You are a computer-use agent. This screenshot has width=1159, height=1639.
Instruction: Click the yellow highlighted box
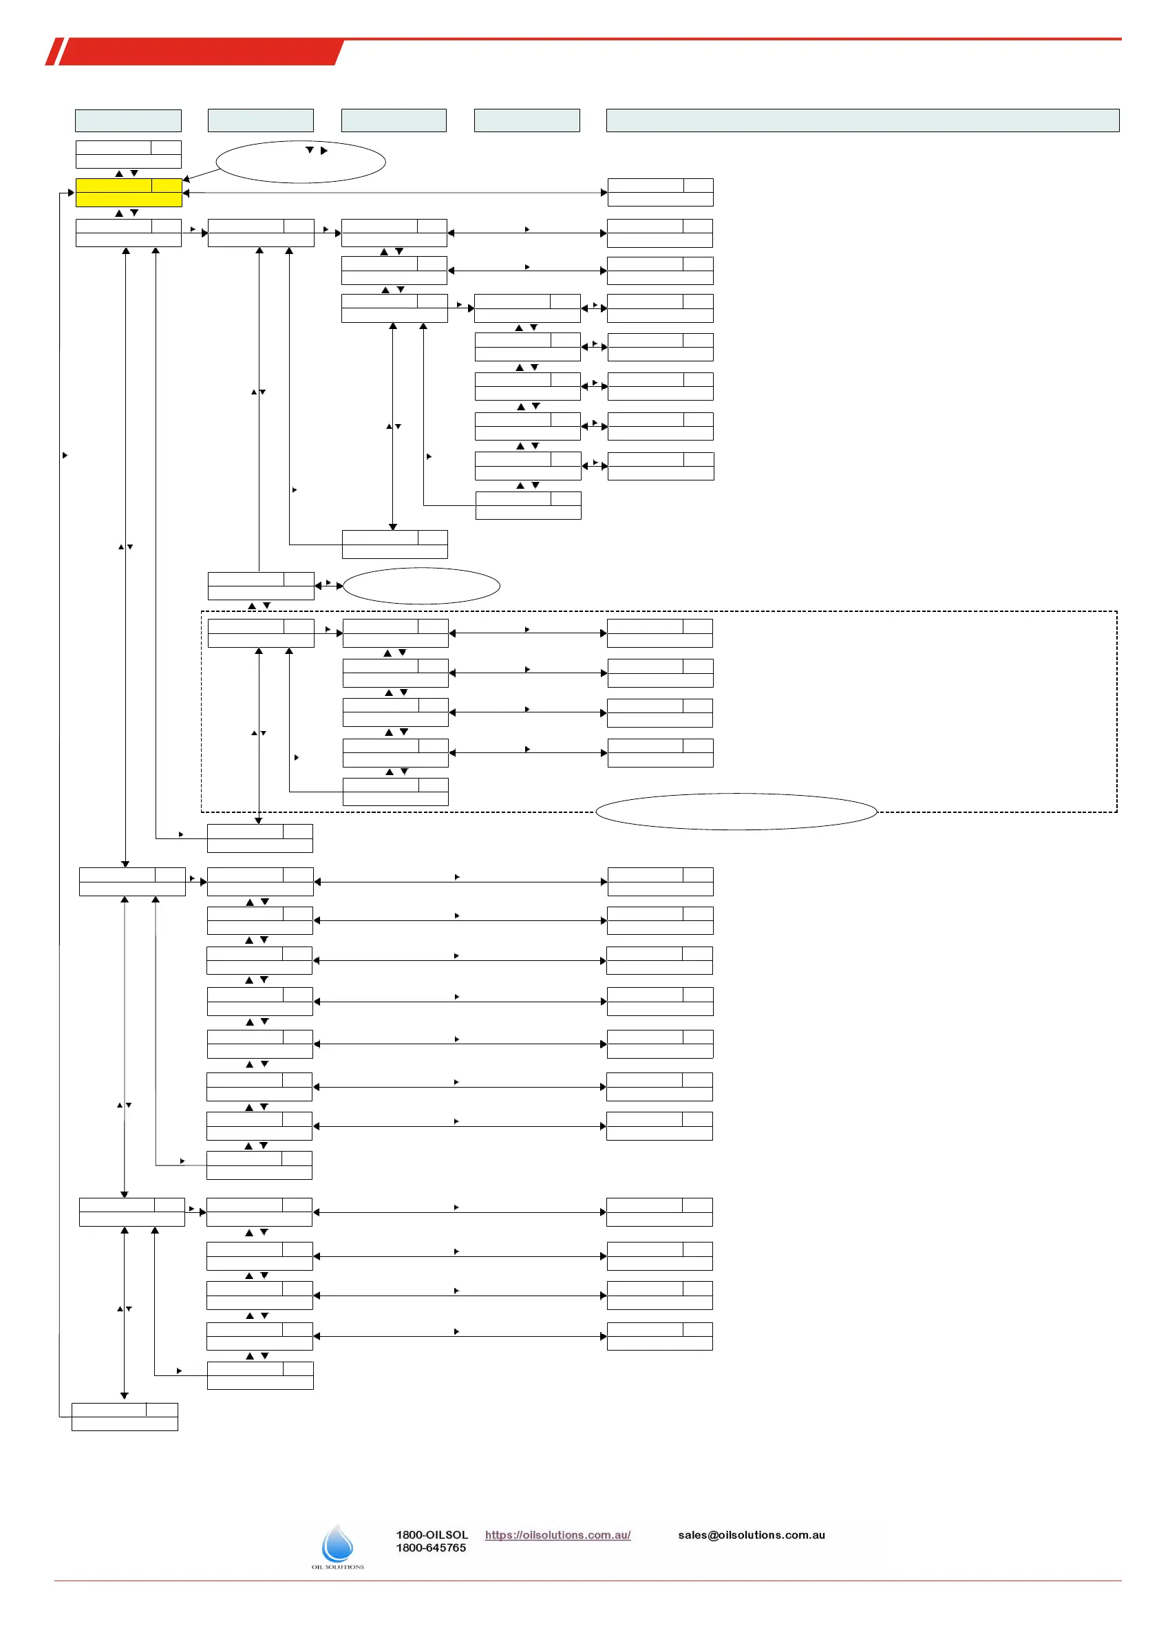[129, 192]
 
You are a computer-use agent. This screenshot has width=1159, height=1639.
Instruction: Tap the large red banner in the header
[200, 52]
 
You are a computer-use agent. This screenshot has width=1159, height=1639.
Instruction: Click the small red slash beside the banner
[54, 52]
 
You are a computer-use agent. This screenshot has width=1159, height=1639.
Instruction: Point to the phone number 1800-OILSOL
[432, 1535]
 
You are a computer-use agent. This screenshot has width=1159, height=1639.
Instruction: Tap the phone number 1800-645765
[431, 1547]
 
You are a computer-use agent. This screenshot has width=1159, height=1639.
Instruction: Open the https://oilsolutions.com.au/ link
[557, 1535]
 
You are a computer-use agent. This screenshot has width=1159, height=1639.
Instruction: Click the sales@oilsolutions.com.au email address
[752, 1535]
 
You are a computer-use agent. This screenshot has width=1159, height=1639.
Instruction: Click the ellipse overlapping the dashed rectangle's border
[736, 812]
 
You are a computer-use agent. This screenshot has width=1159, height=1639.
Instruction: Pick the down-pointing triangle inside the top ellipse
[310, 150]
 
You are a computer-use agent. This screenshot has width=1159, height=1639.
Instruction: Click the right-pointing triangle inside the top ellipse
[324, 151]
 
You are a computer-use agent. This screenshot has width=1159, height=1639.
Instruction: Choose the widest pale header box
[862, 120]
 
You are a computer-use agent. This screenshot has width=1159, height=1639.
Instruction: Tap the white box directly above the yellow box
[129, 154]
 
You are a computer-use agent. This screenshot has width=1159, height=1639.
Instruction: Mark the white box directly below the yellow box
[129, 233]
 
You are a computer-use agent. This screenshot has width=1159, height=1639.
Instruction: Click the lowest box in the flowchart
[125, 1416]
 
